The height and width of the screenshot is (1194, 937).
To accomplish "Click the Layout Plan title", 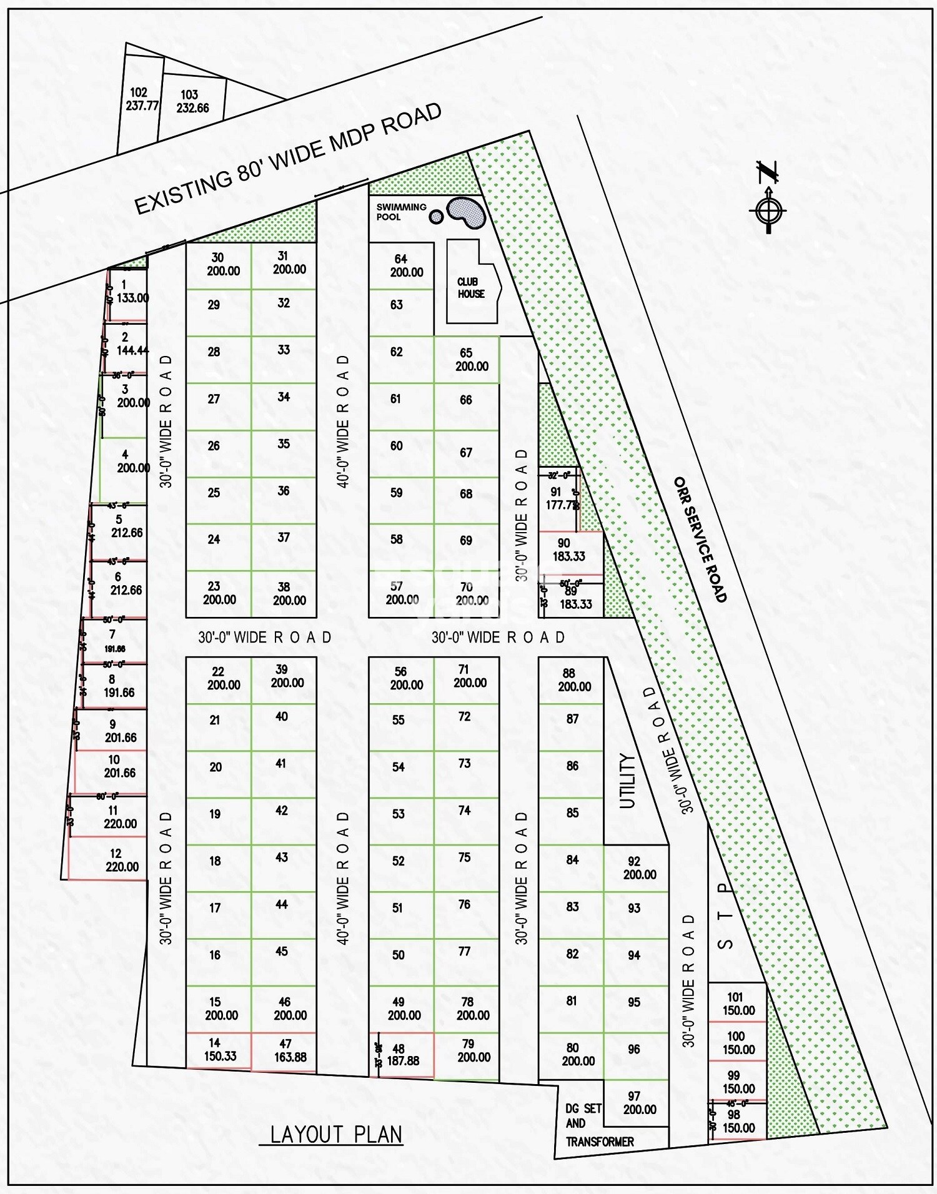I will [x=337, y=1134].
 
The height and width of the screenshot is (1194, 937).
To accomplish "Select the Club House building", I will [x=472, y=288].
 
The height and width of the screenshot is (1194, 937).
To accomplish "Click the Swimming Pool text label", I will [x=401, y=212].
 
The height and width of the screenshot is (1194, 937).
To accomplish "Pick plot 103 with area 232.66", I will [x=191, y=102].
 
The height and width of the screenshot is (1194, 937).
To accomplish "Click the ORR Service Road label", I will [x=700, y=540].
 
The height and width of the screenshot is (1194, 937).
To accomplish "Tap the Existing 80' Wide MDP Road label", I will [x=289, y=159].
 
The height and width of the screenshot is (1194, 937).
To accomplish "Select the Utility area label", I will [x=627, y=781].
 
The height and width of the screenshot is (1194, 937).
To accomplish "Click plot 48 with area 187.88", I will [x=403, y=1055].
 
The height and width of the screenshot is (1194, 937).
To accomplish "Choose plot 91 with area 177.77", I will [x=560, y=499].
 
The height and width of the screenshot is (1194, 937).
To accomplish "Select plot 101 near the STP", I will [x=737, y=1004].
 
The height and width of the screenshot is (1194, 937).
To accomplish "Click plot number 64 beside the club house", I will [x=401, y=265].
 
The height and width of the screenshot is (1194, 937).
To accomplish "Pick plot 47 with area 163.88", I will [x=285, y=1050].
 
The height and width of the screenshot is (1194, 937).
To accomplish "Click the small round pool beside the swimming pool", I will [x=437, y=217].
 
